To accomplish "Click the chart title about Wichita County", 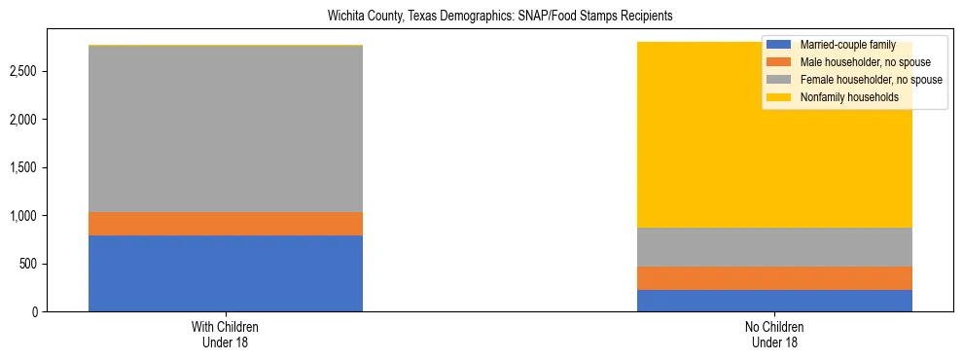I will (481, 17).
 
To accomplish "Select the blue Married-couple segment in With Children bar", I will (226, 273).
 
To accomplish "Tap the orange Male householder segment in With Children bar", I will (226, 224).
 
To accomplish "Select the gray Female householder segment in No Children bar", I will (774, 247).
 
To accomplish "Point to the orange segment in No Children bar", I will (774, 278).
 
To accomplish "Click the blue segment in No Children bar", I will (774, 301).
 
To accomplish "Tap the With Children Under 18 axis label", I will (226, 335).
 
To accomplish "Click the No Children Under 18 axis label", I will (774, 335).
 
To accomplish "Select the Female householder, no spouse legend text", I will (871, 80).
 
